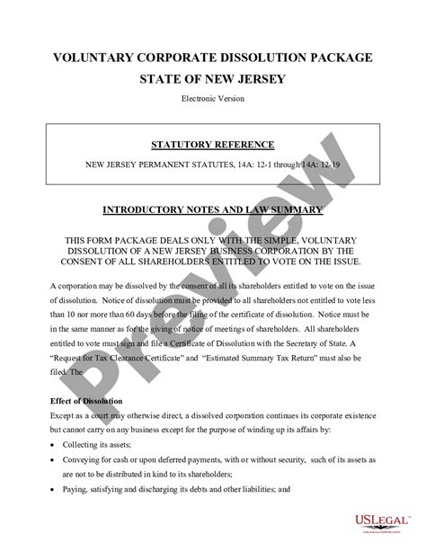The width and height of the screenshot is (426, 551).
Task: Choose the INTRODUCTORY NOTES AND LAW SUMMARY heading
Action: point(213,212)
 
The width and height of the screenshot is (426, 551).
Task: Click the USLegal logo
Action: point(377,520)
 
